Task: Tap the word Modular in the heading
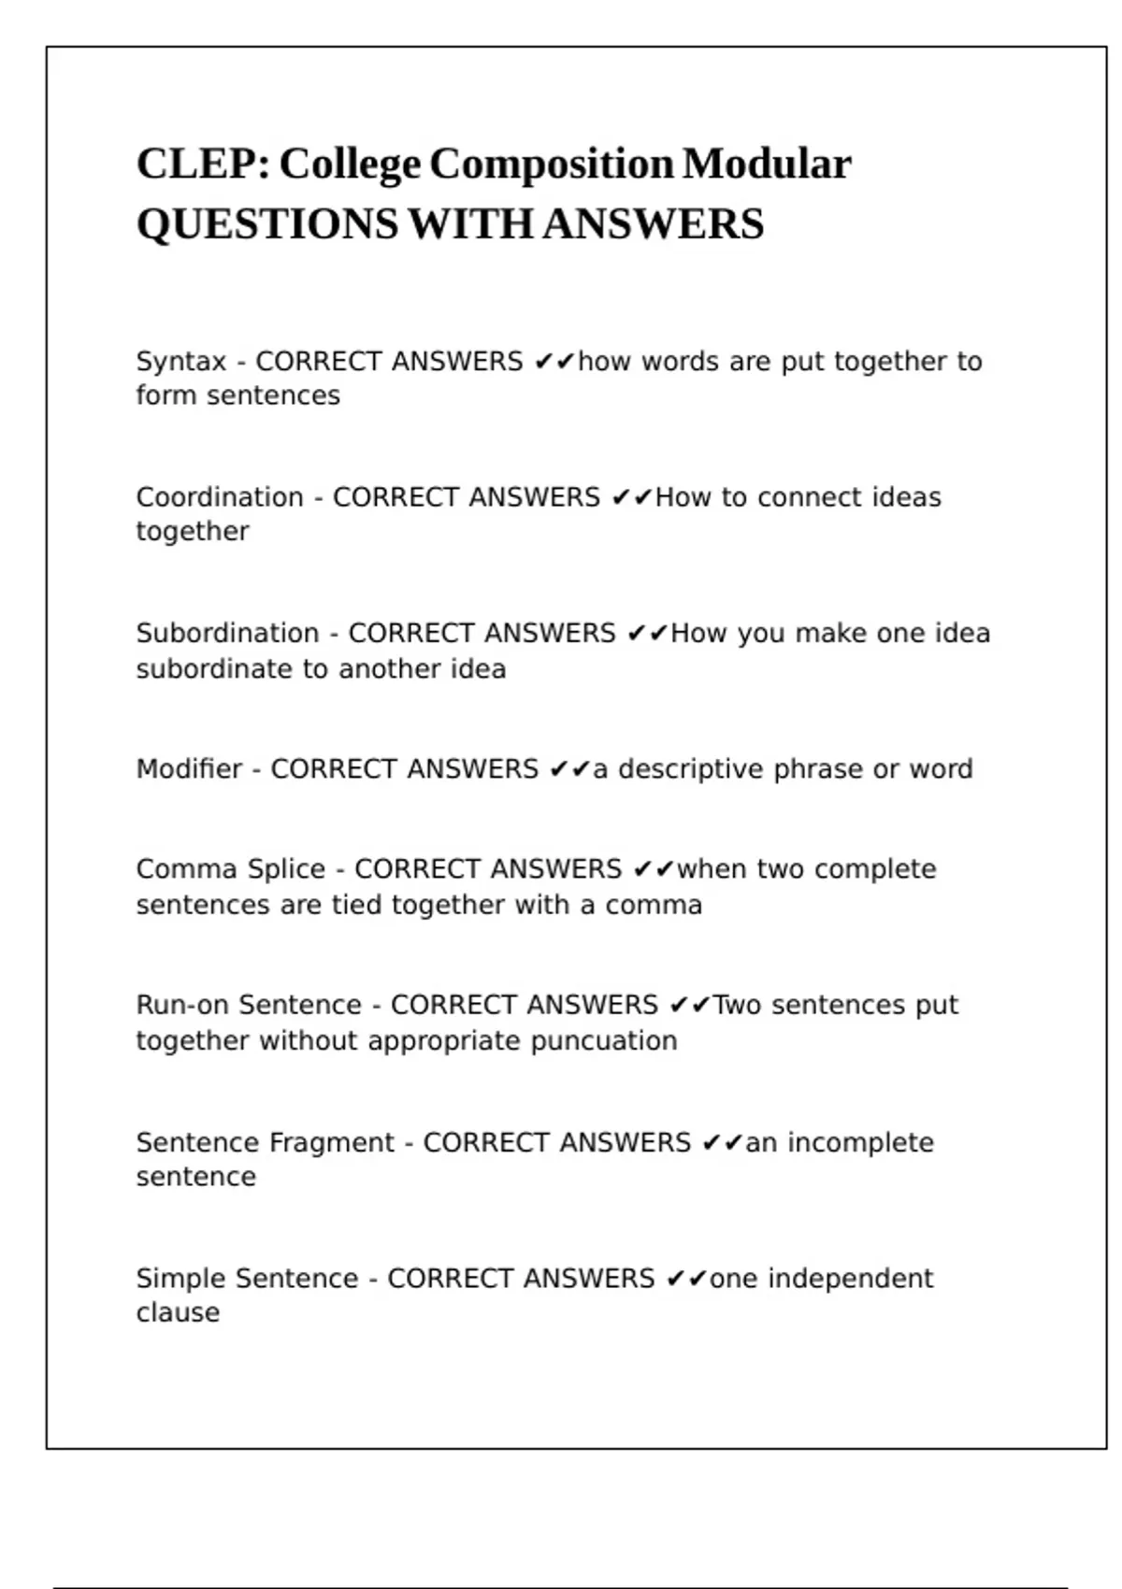pos(767,164)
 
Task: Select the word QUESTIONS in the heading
pos(267,224)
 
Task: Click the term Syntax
pos(181,362)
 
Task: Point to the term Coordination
pos(220,497)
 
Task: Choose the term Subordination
pos(227,634)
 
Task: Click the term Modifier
pos(189,769)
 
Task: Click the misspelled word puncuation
pos(604,1041)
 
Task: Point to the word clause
pos(178,1313)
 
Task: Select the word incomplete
pos(860,1142)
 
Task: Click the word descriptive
pos(691,769)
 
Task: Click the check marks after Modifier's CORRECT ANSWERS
pos(569,769)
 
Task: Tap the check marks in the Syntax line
pos(554,362)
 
